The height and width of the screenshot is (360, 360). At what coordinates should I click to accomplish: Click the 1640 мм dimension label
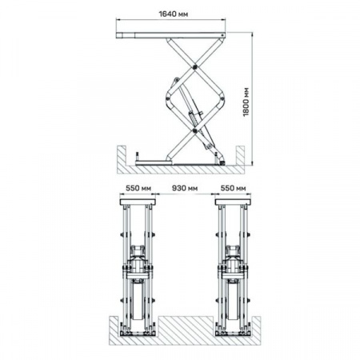(174, 14)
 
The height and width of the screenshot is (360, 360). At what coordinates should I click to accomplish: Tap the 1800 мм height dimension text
(246, 102)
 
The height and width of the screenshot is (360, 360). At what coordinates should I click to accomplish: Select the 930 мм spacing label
(185, 188)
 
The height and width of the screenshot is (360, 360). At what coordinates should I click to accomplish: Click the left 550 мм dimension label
(138, 188)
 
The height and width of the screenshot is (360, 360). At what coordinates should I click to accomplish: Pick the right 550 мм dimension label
(233, 188)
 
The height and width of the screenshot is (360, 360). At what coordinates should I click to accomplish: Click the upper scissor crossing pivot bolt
(195, 66)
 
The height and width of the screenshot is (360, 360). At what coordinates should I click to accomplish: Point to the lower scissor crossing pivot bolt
(195, 130)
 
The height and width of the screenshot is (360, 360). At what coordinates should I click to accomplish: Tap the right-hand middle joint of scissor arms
(222, 99)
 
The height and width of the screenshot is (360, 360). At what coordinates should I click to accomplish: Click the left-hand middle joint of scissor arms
(168, 98)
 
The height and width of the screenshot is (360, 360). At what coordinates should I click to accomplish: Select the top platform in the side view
(170, 35)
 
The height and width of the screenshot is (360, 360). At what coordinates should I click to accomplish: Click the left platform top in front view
(138, 202)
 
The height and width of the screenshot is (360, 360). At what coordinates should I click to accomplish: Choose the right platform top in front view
(233, 202)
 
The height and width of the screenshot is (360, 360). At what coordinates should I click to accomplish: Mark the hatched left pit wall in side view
(122, 158)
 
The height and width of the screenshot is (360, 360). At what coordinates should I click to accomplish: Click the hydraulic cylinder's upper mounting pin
(176, 80)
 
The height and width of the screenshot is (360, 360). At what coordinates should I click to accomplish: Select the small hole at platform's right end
(222, 35)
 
